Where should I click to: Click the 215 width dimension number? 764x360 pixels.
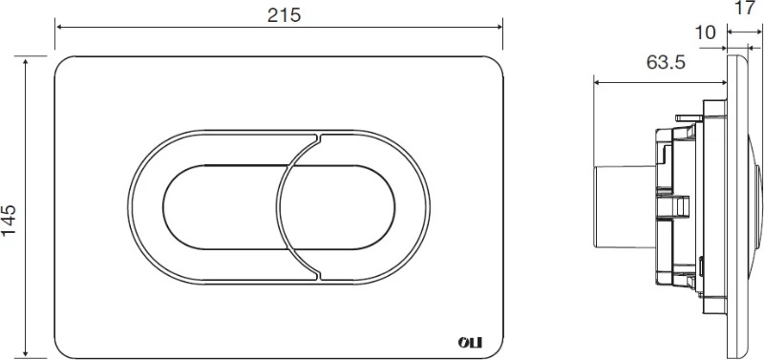pos(284,15)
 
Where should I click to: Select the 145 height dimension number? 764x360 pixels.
pos(10,220)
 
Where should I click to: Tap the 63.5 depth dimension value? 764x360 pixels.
pos(666,62)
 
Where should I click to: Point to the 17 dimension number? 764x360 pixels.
pos(744,8)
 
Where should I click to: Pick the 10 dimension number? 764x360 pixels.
pos(705,32)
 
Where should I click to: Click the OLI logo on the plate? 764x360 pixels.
pos(470,343)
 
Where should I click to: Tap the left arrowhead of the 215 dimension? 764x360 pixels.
pos(58,27)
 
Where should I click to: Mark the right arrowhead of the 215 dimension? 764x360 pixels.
pos(499,27)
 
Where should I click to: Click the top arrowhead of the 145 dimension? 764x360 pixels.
pos(26,60)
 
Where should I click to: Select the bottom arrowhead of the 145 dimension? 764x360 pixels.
pos(26,353)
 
